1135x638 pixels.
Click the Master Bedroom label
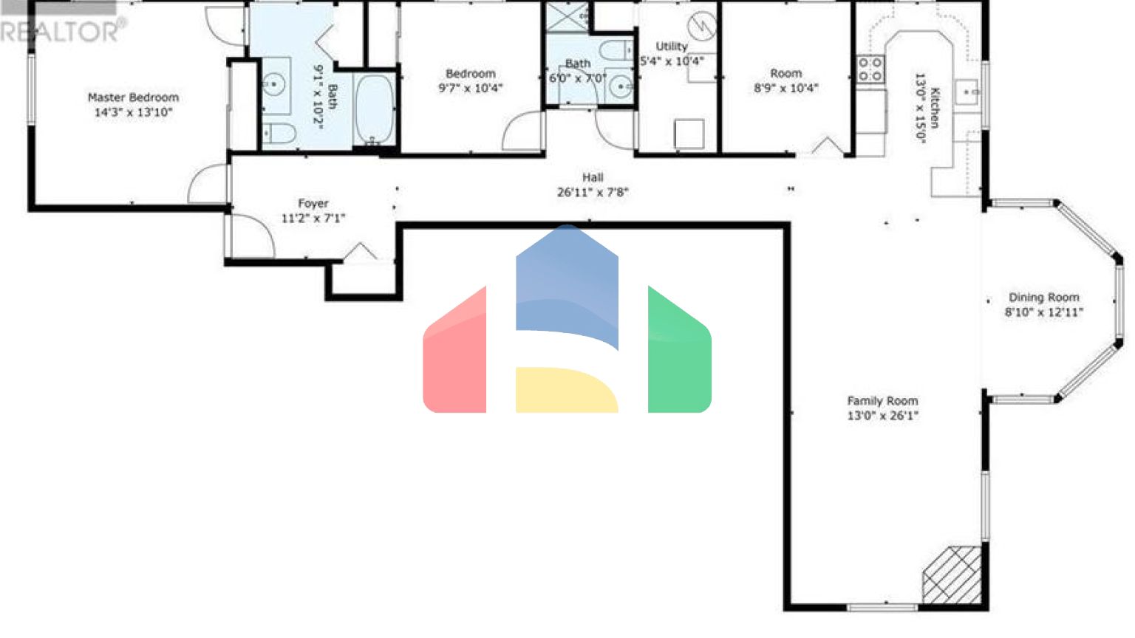click(x=133, y=97)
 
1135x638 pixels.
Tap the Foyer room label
click(x=313, y=203)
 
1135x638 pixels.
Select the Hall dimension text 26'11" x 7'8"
click(x=593, y=193)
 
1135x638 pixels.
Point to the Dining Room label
click(x=1043, y=297)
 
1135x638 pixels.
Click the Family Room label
click(x=882, y=401)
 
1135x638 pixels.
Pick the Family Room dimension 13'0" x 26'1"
click(x=882, y=416)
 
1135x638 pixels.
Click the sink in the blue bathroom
click(x=274, y=85)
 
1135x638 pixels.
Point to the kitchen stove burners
click(x=870, y=69)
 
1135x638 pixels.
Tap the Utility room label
click(x=671, y=46)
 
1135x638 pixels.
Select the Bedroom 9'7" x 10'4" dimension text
click(x=470, y=89)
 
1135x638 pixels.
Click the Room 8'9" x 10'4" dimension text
click(x=785, y=89)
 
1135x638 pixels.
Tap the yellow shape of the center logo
click(x=565, y=390)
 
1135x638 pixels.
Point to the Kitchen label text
click(x=935, y=107)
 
